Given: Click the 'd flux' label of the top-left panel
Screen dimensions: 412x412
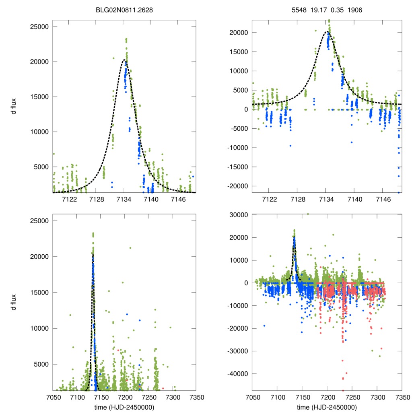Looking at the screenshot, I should (x=13, y=109).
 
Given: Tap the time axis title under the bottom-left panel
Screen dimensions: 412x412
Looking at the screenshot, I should (x=124, y=407).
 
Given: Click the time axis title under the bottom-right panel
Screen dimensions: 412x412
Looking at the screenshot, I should (x=327, y=407).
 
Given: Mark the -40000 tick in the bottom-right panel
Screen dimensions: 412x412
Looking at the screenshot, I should (x=237, y=374).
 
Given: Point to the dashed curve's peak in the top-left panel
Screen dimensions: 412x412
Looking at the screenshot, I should (x=124, y=60).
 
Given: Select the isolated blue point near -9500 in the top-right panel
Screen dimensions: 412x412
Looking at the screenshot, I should (x=290, y=146).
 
